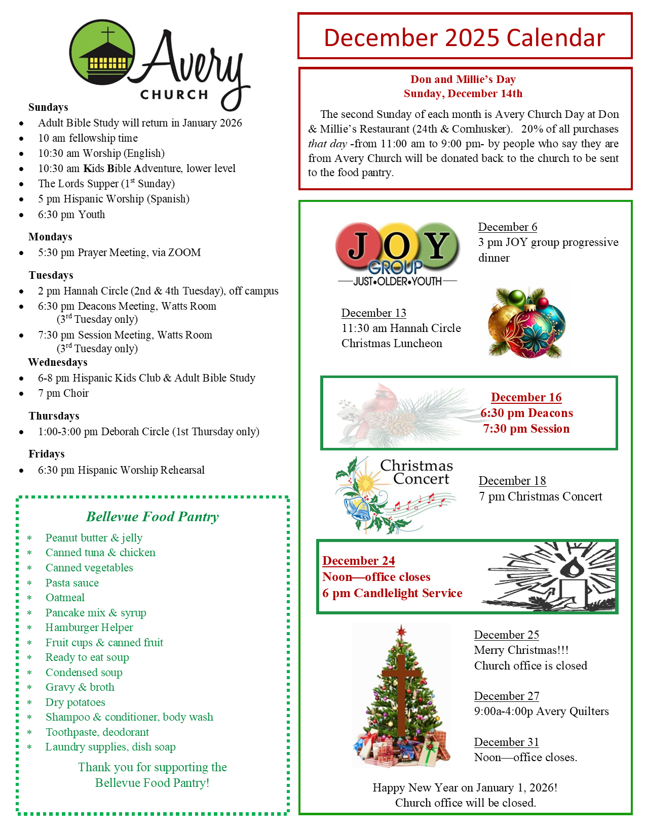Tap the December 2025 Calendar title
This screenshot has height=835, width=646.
464,38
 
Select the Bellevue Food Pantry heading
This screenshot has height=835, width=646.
153,517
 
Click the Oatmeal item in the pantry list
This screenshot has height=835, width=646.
65,598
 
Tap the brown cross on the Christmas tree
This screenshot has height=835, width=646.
401,693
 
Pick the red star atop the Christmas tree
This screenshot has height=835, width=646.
402,631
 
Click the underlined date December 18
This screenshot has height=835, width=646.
512,481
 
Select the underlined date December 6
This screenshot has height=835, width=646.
508,227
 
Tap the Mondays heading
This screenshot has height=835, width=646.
50,237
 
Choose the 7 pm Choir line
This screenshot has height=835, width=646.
63,393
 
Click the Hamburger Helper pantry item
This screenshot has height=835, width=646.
89,628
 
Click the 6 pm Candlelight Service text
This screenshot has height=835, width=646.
392,593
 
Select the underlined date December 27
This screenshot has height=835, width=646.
507,696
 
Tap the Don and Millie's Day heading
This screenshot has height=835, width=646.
463,79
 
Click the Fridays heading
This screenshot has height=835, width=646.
47,454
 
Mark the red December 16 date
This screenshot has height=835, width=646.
526,397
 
